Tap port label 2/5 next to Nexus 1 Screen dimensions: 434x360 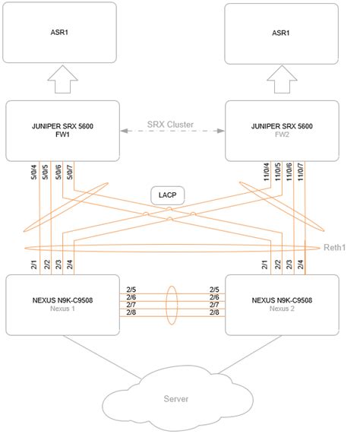[x=131, y=290]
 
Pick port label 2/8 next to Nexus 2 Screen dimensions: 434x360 [x=214, y=312]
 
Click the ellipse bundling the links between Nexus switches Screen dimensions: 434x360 [x=172, y=301]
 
